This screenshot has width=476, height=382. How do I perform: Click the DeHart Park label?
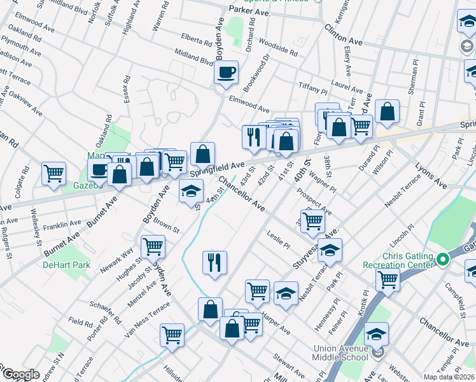[66, 265]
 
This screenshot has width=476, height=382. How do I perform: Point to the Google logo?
[21, 374]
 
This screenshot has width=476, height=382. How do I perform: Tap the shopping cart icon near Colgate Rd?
[53, 173]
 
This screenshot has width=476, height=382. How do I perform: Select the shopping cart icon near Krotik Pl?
[388, 279]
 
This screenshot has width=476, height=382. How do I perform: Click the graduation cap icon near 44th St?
[190, 192]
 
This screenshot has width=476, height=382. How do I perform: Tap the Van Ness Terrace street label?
[148, 316]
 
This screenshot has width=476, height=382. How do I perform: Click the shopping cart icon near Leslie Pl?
[312, 221]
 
